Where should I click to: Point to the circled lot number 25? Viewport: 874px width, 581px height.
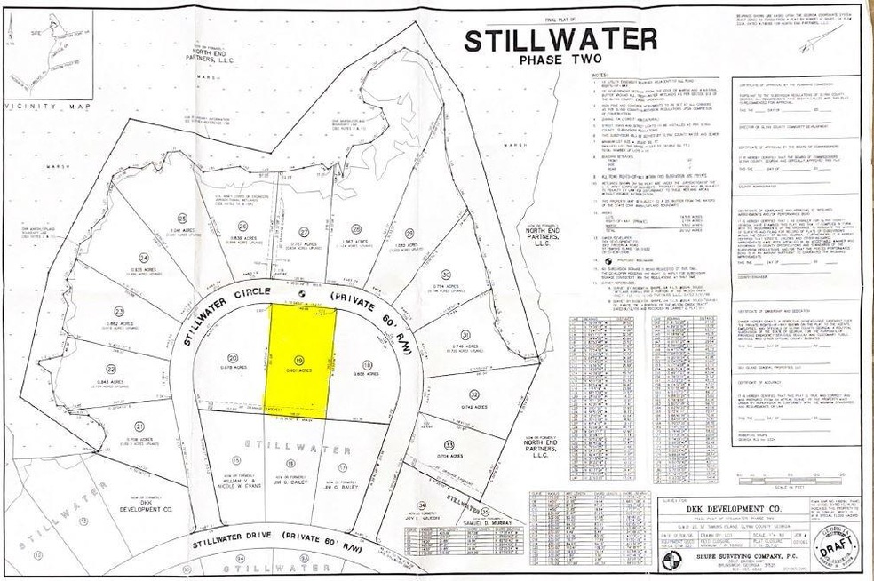(x=182, y=219)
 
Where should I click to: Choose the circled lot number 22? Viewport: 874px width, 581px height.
(x=111, y=369)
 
